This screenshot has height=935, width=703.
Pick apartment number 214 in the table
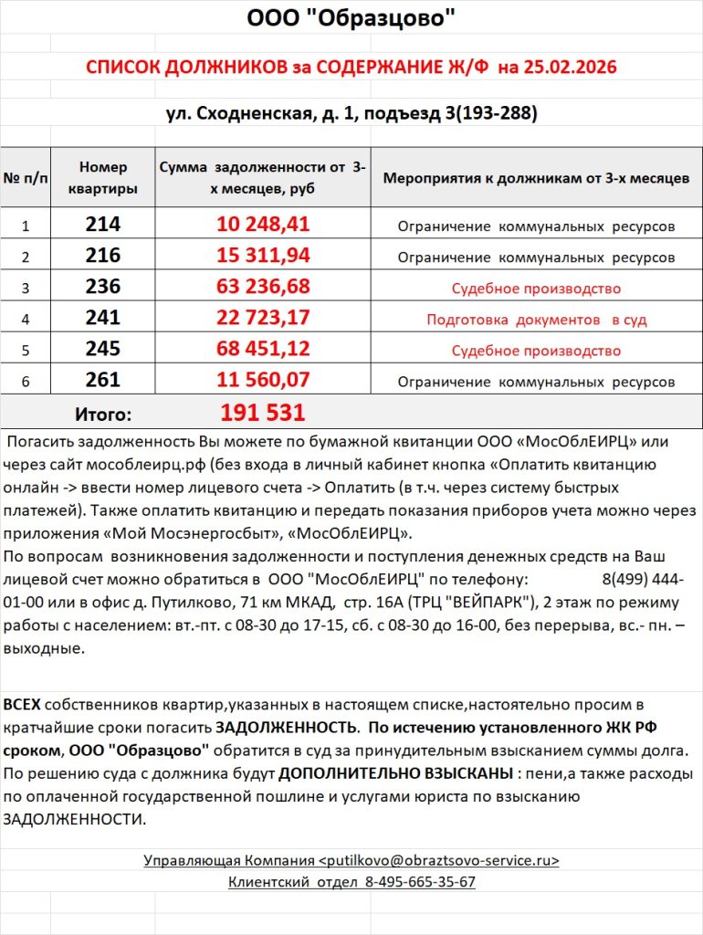103,225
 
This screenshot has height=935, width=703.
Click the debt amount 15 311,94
264,257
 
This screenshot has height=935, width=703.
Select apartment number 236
103,288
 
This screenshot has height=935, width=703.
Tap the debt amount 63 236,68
264,288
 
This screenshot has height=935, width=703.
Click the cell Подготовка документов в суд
536,320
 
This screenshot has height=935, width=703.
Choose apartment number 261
103,381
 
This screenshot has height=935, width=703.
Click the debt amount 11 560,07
264,381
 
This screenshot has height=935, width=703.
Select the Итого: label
102,414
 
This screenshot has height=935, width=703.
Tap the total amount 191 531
263,413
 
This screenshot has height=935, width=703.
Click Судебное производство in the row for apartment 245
536,351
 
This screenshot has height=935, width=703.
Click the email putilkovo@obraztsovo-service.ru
438,860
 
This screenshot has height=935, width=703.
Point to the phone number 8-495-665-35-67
420,882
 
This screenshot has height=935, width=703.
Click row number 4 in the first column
26,320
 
